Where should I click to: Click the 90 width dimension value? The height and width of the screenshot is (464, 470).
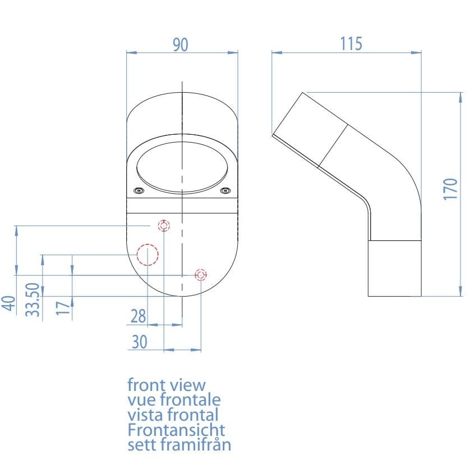tap(180, 45)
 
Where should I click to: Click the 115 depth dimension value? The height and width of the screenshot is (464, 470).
tap(351, 44)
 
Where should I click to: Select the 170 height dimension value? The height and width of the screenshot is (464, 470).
tap(450, 189)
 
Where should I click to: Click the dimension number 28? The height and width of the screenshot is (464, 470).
tap(138, 316)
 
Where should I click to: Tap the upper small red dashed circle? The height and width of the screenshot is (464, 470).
tap(164, 226)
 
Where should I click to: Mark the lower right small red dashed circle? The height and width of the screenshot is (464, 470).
tap(201, 275)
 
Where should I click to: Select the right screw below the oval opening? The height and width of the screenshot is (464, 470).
tap(225, 191)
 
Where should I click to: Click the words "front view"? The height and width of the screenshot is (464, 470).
tap(167, 385)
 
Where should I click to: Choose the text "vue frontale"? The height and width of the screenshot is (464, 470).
tap(174, 400)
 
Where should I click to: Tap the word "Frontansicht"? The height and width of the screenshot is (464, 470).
tap(176, 430)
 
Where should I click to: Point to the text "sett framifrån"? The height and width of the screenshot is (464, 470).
tap(179, 444)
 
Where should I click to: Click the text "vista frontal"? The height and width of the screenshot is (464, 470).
tap(173, 415)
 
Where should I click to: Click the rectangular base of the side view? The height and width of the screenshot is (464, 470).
tap(394, 268)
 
